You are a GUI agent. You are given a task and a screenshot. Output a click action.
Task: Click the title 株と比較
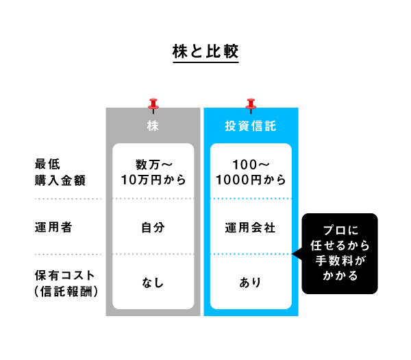[x=206, y=51]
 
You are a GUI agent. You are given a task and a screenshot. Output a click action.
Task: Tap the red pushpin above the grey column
[x=153, y=106]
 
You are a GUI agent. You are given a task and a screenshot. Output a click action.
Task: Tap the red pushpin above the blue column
[x=251, y=106]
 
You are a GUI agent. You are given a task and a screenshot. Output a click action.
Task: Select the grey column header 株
[x=153, y=126]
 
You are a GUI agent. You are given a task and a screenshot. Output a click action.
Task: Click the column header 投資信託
[x=251, y=126]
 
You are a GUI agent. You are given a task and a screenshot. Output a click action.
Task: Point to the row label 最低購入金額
[x=60, y=172]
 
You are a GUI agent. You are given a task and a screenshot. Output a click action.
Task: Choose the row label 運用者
[x=53, y=227]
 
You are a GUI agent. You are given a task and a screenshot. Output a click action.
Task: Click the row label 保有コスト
[x=64, y=275]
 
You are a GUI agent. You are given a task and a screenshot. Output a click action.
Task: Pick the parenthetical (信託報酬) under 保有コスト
[x=66, y=291]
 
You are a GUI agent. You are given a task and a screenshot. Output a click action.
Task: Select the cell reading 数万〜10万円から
[x=153, y=172]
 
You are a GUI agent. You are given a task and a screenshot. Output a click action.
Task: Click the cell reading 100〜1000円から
[x=251, y=172]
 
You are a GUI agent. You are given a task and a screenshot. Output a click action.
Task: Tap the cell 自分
[x=153, y=228]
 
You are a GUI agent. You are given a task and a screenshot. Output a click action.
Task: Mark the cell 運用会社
[x=250, y=228]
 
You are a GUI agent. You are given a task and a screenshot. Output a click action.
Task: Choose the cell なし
[x=153, y=283]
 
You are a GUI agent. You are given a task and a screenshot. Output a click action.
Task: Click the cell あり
[x=250, y=283]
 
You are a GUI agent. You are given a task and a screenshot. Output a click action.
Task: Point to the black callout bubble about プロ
[x=340, y=254]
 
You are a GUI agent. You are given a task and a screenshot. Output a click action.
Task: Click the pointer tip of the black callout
[x=292, y=254]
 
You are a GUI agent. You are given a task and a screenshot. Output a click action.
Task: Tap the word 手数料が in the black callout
[x=340, y=261]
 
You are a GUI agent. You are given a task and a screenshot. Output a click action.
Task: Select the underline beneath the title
[x=206, y=62]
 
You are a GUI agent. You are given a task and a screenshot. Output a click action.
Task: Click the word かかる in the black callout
[x=340, y=276]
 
